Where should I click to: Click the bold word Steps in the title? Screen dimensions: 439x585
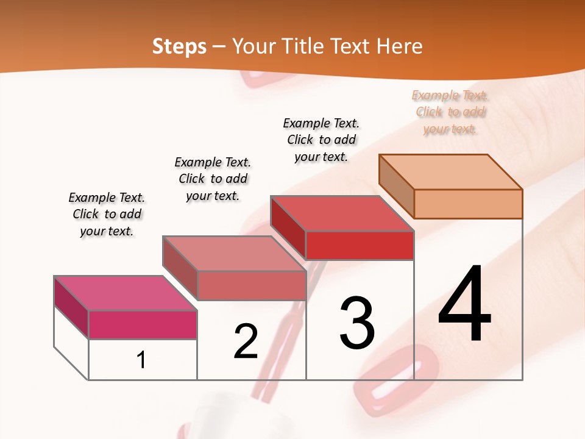point(179,46)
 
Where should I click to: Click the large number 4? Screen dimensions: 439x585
point(464,304)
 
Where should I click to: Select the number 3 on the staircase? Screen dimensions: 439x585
point(357,323)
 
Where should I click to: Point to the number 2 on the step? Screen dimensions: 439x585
point(246,341)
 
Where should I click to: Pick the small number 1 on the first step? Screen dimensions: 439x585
point(141,360)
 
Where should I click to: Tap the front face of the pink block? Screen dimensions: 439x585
point(143,324)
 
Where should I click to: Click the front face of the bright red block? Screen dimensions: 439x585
point(360,246)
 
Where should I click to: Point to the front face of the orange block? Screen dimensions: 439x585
point(468,204)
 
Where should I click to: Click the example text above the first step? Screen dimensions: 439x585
point(107,215)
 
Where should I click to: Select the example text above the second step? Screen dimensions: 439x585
point(213,179)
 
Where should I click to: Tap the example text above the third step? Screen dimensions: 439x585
point(321,140)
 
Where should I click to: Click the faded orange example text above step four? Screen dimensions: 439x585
point(450,112)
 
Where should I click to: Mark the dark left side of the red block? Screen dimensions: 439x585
point(288,227)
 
